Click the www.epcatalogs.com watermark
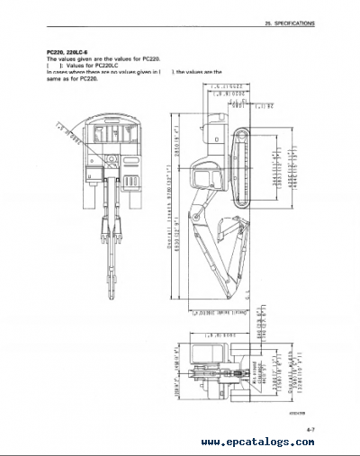click(x=279, y=442)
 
